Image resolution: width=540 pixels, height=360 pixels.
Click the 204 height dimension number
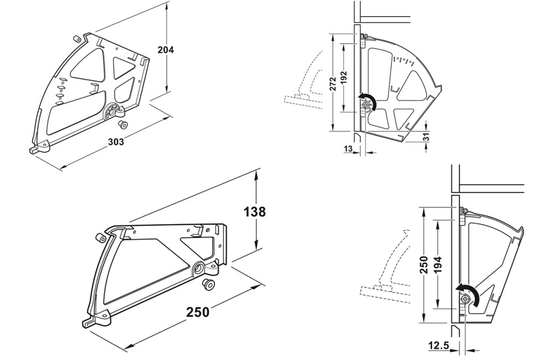(x=165, y=50)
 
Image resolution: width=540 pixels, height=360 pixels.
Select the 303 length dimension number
(x=116, y=142)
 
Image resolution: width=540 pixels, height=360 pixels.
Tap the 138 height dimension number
(x=254, y=212)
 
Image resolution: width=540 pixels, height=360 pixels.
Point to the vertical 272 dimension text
(x=333, y=83)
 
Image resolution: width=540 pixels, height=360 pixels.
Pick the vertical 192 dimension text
(x=344, y=79)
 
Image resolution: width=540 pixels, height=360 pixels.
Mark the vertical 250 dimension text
(x=424, y=264)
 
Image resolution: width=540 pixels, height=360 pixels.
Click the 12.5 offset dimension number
(x=438, y=343)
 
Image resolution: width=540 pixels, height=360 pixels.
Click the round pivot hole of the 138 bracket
(x=198, y=267)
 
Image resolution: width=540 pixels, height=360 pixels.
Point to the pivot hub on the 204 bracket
(x=113, y=110)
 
